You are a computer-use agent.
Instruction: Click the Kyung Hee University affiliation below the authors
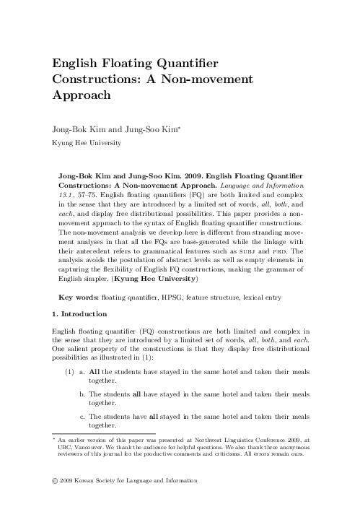click(86, 143)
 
